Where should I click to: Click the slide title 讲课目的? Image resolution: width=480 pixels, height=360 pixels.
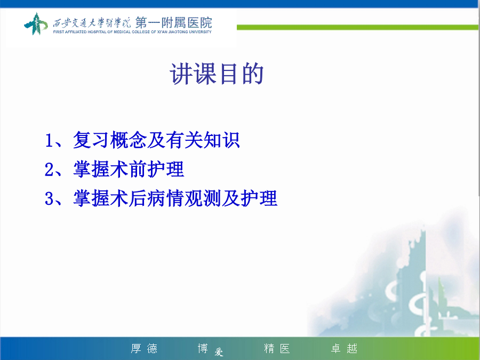(x=217, y=74)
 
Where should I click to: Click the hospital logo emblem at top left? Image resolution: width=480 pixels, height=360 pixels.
(x=36, y=23)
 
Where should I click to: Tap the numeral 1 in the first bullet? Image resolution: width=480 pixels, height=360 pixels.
(x=49, y=140)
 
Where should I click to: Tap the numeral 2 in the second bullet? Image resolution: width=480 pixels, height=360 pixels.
(x=49, y=169)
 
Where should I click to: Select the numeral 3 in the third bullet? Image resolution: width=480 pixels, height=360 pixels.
(x=49, y=198)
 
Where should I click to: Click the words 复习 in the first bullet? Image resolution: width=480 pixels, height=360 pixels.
(x=91, y=140)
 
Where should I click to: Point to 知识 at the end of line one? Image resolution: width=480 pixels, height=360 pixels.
(x=222, y=140)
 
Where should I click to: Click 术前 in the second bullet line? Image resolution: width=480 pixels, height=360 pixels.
(x=129, y=169)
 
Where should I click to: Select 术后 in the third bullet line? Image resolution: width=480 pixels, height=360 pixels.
(x=129, y=198)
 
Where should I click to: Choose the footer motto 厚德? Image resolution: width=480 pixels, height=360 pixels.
(x=144, y=348)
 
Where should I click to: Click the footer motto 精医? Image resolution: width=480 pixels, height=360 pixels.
(x=277, y=348)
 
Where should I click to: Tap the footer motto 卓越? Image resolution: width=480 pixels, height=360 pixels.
(x=345, y=348)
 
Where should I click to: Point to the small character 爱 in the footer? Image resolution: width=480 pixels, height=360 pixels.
(x=219, y=353)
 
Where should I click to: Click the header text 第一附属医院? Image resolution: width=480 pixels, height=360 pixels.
(x=173, y=22)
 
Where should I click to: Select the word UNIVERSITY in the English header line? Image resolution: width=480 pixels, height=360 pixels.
(x=199, y=32)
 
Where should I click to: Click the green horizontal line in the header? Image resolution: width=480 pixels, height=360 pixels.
(x=357, y=28)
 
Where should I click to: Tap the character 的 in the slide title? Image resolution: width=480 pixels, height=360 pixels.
(x=253, y=74)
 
